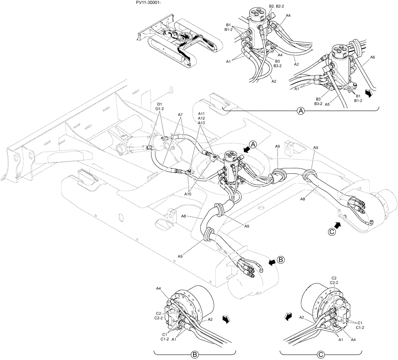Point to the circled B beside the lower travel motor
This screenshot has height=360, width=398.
281,260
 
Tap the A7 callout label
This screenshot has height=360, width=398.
180,115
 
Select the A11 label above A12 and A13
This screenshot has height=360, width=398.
201,113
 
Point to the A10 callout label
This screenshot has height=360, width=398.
188,194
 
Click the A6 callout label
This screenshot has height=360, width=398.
373,57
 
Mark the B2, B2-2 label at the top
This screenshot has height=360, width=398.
277,6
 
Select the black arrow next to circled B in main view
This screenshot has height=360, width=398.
271,262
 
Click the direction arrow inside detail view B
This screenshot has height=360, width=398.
226,320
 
